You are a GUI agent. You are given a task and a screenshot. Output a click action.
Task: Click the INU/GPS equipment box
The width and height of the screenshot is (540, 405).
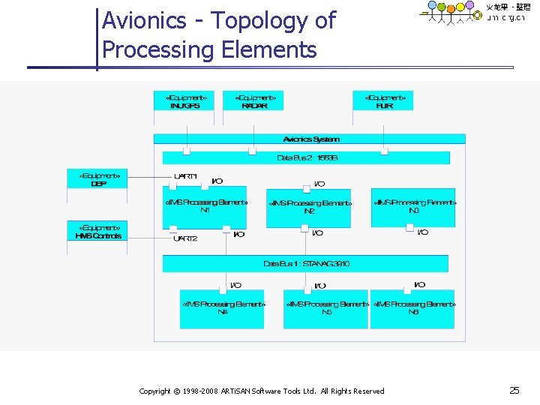(x=184, y=101)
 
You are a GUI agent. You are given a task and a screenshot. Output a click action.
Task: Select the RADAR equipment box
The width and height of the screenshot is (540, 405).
(x=254, y=101)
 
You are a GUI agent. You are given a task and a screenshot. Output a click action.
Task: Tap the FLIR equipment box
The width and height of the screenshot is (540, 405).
(x=383, y=101)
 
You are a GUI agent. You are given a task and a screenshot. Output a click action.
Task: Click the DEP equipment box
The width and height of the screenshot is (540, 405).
(x=98, y=181)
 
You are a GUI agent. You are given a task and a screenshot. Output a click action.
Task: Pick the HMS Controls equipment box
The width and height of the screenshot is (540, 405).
(x=98, y=232)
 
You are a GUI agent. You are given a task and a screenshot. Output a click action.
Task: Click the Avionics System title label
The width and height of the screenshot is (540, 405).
(x=310, y=139)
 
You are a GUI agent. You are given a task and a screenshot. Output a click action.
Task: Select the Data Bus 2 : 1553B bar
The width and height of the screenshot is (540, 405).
(x=307, y=157)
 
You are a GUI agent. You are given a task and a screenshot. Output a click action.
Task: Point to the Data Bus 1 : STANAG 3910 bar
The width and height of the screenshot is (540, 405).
(x=306, y=264)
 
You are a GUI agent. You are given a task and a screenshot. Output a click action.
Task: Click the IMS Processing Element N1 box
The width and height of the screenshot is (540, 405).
(x=204, y=208)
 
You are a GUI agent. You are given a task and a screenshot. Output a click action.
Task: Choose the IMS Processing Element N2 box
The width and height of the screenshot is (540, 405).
(x=309, y=208)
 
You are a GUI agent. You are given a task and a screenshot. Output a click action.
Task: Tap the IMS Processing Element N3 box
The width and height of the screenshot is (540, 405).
(x=413, y=207)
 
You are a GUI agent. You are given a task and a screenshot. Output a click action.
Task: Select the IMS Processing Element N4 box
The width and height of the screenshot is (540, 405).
(x=223, y=308)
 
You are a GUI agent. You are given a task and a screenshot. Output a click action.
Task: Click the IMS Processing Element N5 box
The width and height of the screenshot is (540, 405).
(x=326, y=308)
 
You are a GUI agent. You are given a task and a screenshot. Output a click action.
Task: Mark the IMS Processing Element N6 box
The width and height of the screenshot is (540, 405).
(x=413, y=308)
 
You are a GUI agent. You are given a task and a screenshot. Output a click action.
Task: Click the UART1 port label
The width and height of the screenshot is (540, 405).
(x=185, y=176)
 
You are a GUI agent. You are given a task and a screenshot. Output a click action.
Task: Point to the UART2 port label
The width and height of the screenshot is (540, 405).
(x=185, y=238)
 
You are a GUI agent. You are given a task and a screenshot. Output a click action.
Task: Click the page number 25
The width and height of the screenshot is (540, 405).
(x=514, y=390)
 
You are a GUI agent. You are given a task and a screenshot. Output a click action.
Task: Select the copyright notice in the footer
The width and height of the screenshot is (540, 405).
(x=262, y=391)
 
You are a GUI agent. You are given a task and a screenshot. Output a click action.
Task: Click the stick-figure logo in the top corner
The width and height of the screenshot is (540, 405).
(x=451, y=13)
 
